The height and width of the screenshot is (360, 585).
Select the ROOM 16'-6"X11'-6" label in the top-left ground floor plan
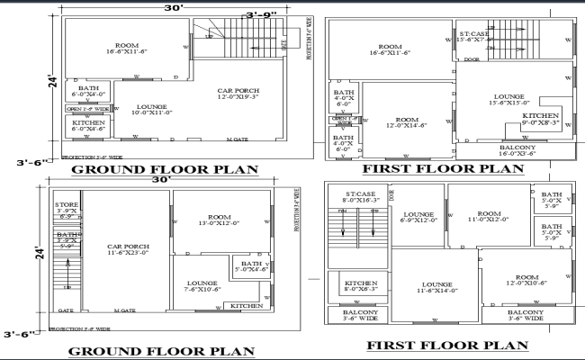click(x=125, y=51)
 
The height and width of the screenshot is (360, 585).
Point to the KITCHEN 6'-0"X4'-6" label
click(x=88, y=126)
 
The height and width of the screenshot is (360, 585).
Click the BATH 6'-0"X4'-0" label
click(x=88, y=91)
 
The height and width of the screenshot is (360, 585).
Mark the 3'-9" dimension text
click(x=262, y=15)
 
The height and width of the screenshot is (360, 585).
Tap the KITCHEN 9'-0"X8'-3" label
click(x=541, y=119)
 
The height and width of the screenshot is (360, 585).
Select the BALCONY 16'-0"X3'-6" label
click(x=517, y=150)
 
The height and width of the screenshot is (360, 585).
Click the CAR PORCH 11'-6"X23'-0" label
click(x=128, y=249)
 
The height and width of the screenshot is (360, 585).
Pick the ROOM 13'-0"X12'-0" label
click(x=220, y=220)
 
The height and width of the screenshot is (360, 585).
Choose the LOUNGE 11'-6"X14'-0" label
click(x=436, y=287)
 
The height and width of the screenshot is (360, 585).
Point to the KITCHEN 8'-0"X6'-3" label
click(x=359, y=284)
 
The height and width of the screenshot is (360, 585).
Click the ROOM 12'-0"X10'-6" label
click(x=526, y=279)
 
